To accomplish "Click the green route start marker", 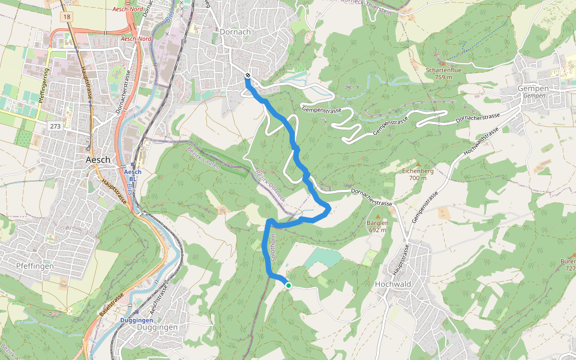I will [x=289, y=286].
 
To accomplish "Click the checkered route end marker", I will [x=248, y=75].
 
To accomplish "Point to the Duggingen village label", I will [x=158, y=328].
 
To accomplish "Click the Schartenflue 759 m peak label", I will [x=443, y=73].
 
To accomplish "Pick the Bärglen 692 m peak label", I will [x=377, y=226].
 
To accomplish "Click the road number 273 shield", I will [x=56, y=127].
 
